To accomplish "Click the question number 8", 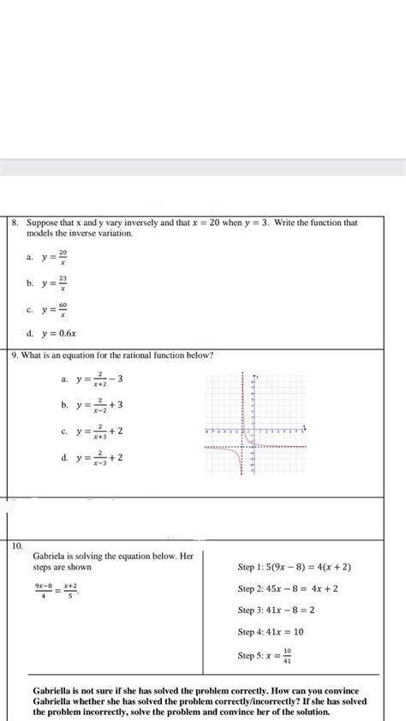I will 15,223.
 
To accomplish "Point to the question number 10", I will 18,545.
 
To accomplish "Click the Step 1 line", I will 294,567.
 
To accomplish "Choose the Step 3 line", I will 276,611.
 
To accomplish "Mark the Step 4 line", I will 271,632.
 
